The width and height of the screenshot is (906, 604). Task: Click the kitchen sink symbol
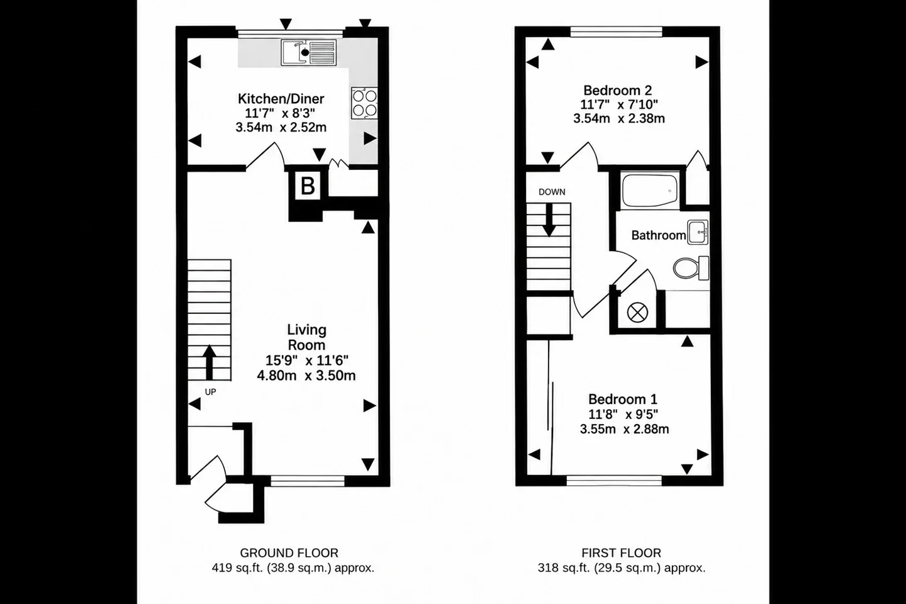308,53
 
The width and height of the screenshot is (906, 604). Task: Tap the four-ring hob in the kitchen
364,103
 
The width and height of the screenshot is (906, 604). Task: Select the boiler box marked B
308,186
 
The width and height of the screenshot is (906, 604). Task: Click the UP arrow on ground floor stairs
209,362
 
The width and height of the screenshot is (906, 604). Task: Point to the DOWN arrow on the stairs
549,220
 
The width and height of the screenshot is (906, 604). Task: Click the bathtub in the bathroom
649,191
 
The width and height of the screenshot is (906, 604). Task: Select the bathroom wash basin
698,232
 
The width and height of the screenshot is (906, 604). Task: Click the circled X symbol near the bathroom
637,313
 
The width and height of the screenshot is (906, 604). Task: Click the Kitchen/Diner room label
281,98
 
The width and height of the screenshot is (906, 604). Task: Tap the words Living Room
306,337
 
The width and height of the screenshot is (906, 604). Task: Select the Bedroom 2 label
618,90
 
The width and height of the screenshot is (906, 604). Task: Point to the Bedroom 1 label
623,399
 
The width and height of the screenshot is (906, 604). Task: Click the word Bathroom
659,235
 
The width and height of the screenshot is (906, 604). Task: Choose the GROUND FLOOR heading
289,552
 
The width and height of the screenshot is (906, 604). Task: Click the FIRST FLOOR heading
621,552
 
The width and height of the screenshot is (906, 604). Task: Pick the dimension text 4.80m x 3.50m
306,376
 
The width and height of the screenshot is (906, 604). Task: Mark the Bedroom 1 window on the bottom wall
614,480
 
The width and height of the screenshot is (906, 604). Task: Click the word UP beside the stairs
210,392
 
